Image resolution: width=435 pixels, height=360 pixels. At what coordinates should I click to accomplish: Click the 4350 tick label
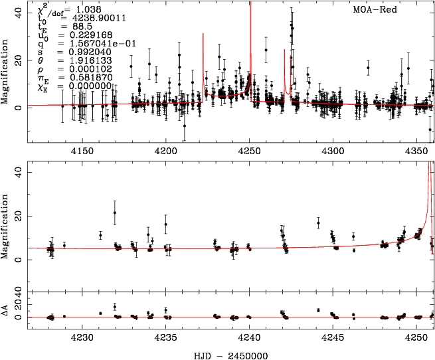pos(416,151)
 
